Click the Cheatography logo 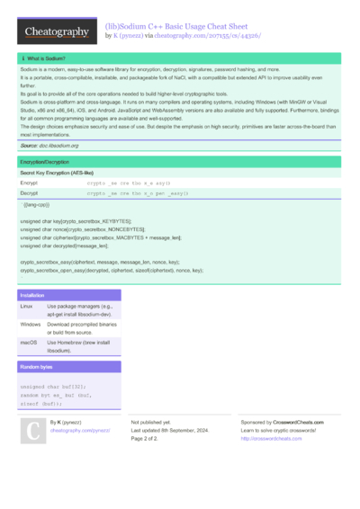click(57, 32)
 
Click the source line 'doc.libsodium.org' click(49, 145)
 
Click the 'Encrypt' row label click(29, 183)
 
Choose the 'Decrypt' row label click(29, 193)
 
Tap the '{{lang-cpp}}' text click(37, 205)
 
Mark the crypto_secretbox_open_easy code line click(112, 269)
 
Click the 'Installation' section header click(32, 295)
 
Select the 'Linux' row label click(27, 306)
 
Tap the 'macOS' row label click(29, 343)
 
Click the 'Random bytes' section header click(36, 368)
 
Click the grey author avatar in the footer click(32, 432)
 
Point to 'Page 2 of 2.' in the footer click(145, 439)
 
